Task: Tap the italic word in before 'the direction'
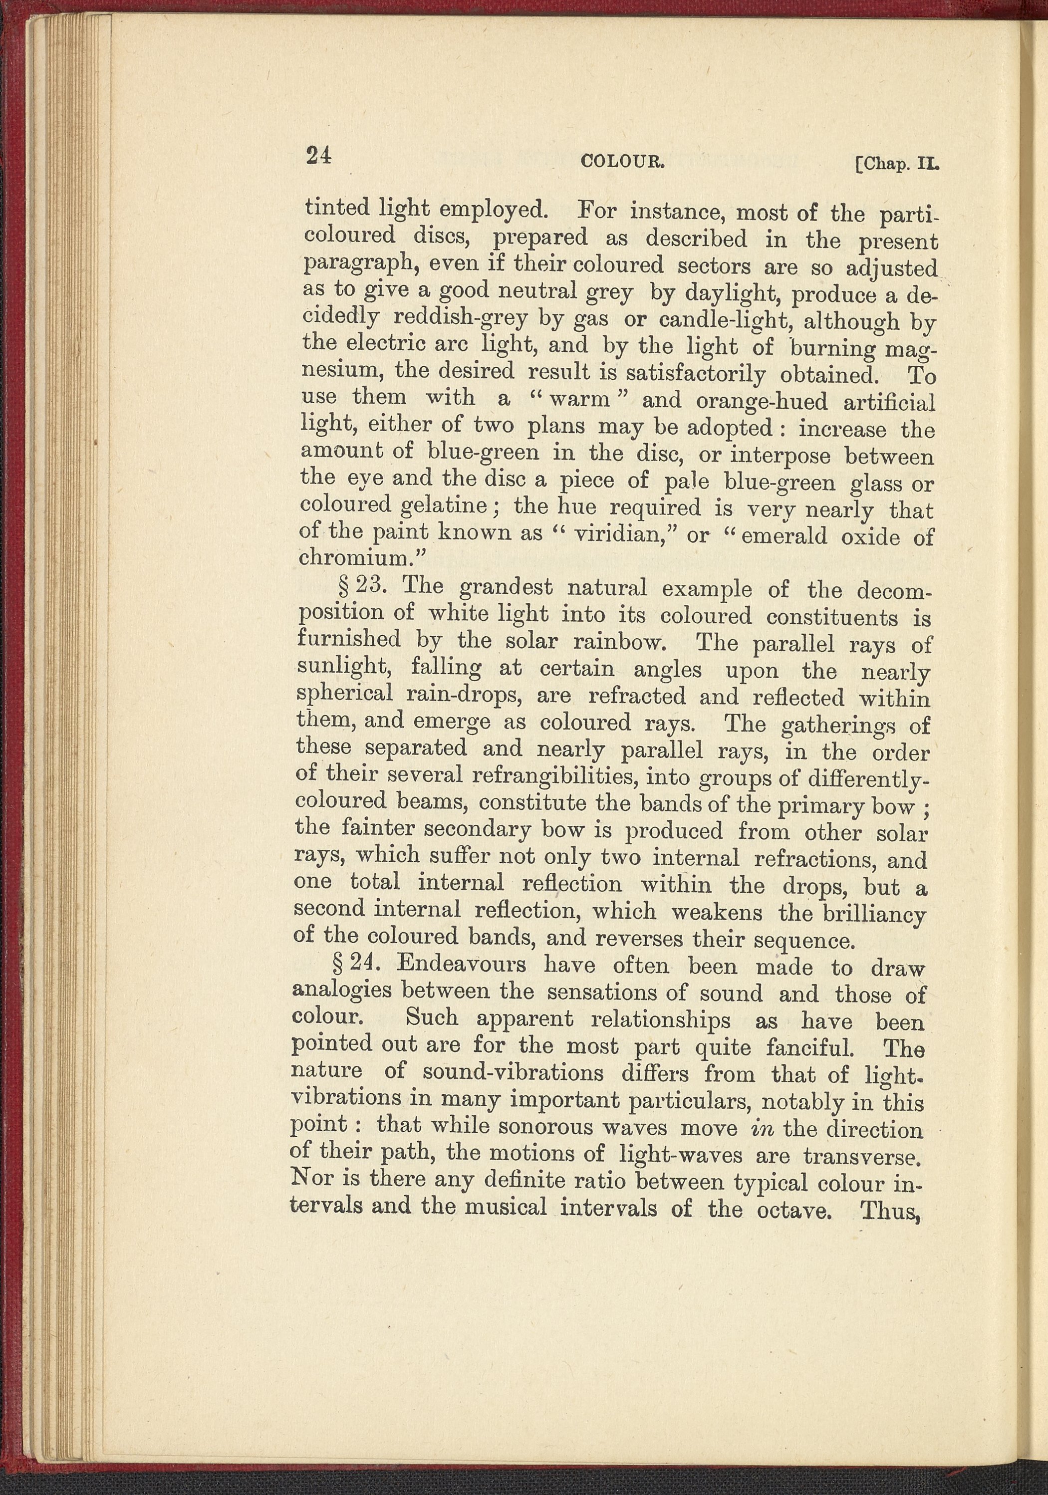(x=761, y=1128)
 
